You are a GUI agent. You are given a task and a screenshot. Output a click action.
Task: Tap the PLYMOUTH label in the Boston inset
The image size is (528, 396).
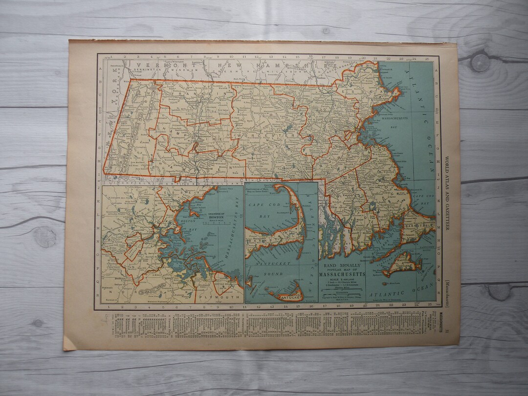pos(219,295)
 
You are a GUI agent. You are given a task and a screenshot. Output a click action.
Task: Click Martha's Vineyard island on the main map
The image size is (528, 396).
pos(402,264)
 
